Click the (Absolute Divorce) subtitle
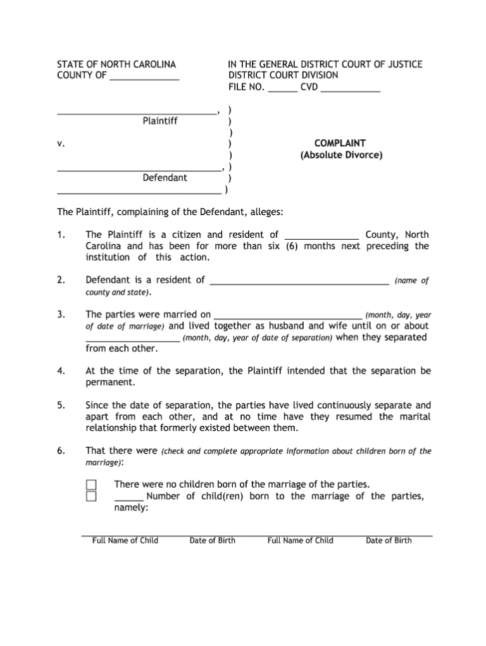coord(341,155)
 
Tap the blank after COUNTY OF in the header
coord(144,78)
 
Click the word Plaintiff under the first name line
coord(159,120)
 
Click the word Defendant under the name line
coord(165,178)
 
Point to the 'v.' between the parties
coord(61,144)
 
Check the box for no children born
coord(91,485)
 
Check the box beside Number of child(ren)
coord(91,496)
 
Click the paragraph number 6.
coord(61,451)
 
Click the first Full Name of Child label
coord(125,540)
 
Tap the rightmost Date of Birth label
coord(389,540)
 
